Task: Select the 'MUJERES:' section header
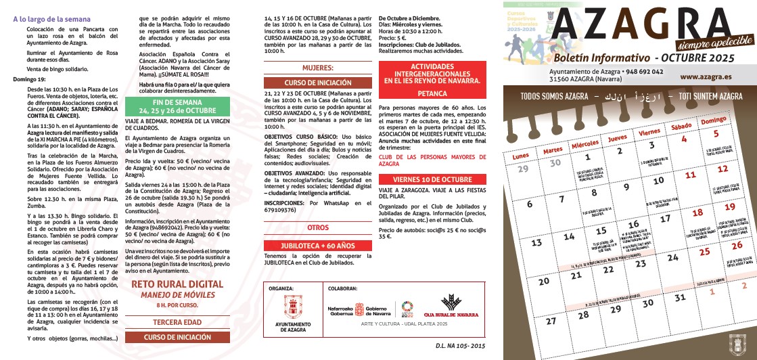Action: (317, 68)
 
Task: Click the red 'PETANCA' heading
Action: (432, 93)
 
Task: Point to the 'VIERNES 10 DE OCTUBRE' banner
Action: (432, 179)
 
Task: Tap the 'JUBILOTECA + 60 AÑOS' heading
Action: (317, 245)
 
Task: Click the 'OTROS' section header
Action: (317, 228)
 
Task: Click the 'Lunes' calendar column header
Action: (521, 156)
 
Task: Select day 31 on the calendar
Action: (680, 297)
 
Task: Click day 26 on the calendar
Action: (737, 245)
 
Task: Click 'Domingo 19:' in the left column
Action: (29, 79)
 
